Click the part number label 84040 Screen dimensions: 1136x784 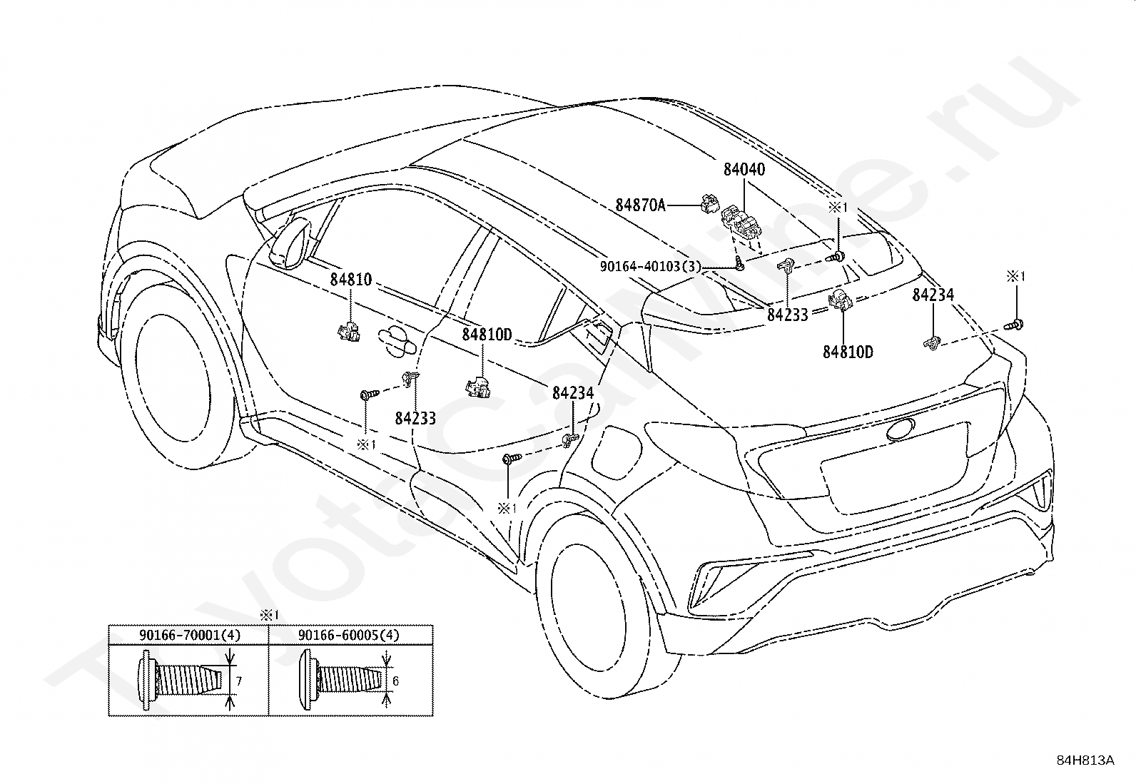pos(744,169)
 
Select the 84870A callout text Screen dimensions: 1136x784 pos(640,205)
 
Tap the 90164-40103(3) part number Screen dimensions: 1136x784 pos(651,266)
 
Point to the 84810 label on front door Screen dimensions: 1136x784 pos(351,280)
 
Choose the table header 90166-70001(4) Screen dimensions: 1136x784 pos(191,635)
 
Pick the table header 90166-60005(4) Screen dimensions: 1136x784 pos(349,635)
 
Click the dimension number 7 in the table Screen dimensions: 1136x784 pos(239,681)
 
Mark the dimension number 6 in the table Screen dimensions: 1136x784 pos(395,681)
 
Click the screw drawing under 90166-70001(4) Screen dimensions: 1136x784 pos(180,681)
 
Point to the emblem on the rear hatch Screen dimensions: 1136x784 pos(901,430)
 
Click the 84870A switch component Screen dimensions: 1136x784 pos(709,203)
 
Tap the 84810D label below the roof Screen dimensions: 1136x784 pos(848,352)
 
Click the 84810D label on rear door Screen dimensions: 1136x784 pos(487,335)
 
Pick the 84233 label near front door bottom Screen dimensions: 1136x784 pos(415,418)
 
